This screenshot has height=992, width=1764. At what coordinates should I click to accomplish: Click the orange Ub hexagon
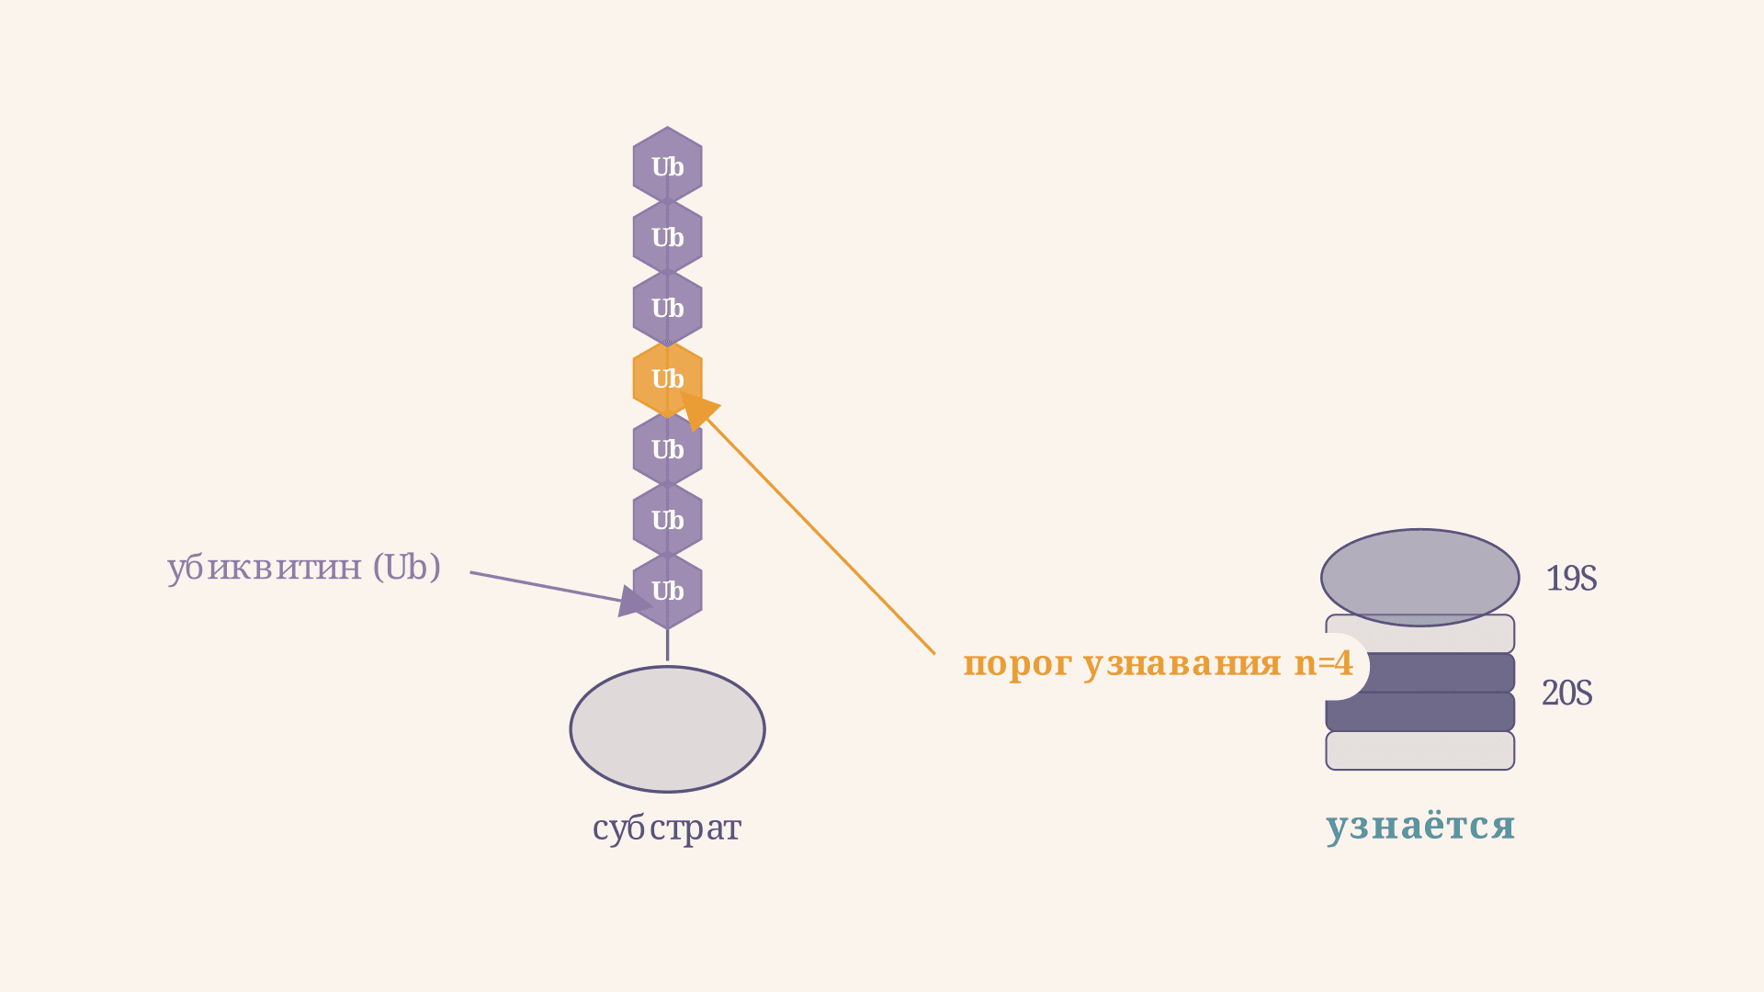click(x=667, y=378)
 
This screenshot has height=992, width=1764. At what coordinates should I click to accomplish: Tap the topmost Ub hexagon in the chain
click(x=667, y=166)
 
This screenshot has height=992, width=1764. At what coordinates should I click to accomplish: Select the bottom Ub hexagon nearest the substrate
click(x=667, y=591)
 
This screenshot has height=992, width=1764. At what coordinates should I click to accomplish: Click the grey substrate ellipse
click(x=667, y=729)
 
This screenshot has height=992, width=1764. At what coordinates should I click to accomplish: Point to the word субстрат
click(x=667, y=829)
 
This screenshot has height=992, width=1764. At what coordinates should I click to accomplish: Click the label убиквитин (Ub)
click(x=304, y=568)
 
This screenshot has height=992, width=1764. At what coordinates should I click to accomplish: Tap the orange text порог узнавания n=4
click(x=1158, y=663)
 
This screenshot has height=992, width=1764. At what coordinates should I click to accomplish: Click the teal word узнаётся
click(x=1420, y=825)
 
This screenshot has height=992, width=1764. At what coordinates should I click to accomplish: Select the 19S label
click(x=1571, y=579)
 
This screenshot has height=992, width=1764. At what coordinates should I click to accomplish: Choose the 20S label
click(x=1567, y=693)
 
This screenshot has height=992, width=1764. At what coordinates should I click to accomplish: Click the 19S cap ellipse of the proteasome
click(x=1420, y=578)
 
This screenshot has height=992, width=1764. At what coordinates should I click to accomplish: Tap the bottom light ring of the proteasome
click(x=1420, y=750)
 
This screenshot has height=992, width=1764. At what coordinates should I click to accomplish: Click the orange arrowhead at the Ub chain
click(x=698, y=410)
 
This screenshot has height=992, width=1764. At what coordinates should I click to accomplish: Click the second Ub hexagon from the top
click(x=667, y=237)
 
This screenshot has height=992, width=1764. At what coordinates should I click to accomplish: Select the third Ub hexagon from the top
click(x=667, y=308)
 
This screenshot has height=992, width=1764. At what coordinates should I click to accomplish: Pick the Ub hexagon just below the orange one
click(x=667, y=449)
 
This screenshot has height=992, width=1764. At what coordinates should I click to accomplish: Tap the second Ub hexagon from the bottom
click(x=667, y=520)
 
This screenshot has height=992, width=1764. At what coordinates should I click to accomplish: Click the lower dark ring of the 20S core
click(x=1420, y=712)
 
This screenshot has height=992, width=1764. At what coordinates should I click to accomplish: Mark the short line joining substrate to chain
click(x=667, y=645)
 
